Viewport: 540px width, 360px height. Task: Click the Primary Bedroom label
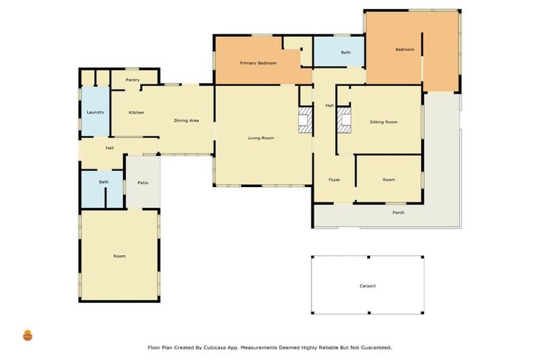(x=258, y=63)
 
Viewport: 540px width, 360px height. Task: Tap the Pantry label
(x=132, y=80)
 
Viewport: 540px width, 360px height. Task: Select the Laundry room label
(x=95, y=112)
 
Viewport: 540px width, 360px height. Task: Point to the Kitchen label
(x=136, y=112)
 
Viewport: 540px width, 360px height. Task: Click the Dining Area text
(x=186, y=121)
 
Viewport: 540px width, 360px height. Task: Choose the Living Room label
(x=260, y=138)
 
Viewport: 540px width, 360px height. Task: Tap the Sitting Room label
(x=383, y=122)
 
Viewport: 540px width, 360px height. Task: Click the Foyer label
(x=335, y=180)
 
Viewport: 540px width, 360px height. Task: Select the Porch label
(x=398, y=212)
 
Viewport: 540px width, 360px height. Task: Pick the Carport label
(x=367, y=286)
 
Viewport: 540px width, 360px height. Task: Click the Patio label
(x=143, y=183)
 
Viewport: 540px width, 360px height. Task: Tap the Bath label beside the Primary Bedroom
(x=346, y=53)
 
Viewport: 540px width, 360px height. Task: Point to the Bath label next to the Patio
(x=103, y=183)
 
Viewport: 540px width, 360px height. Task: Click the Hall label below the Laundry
(x=110, y=148)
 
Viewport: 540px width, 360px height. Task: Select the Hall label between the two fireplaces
(x=329, y=105)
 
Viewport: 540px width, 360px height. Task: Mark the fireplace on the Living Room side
(x=304, y=120)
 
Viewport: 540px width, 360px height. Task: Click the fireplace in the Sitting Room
(x=344, y=120)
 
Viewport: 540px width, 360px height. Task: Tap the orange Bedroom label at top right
(x=404, y=49)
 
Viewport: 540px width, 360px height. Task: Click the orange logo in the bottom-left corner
(x=27, y=335)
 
